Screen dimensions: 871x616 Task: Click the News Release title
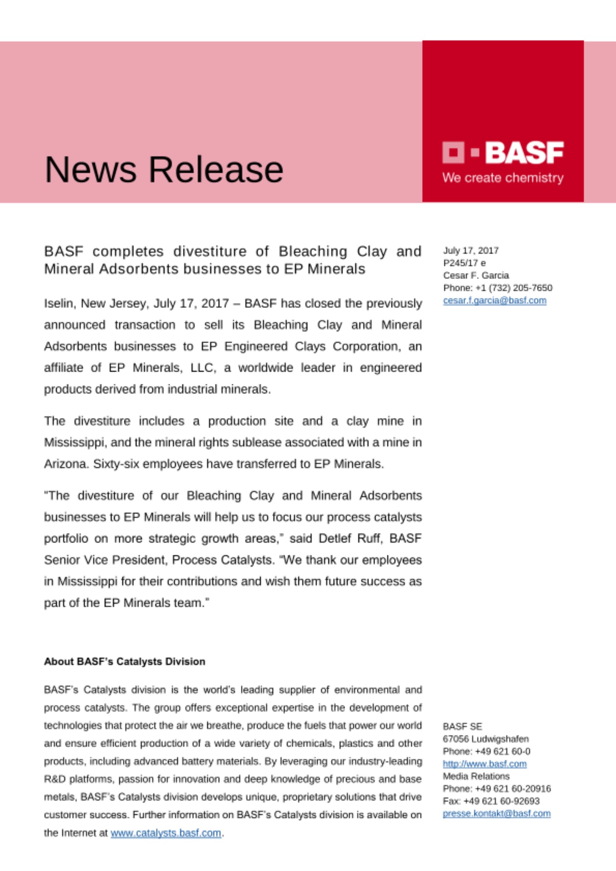(164, 169)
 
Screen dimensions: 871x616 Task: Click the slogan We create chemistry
(503, 178)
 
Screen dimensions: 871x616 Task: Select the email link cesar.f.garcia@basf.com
(494, 300)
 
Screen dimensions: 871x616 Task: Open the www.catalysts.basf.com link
(166, 833)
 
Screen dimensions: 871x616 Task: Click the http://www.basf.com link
(484, 764)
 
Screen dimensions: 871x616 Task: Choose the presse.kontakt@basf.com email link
(497, 814)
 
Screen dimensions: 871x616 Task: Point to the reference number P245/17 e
(464, 263)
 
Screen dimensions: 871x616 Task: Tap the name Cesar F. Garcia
(476, 275)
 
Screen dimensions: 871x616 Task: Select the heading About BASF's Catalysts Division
(125, 662)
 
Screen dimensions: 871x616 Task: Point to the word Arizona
(65, 464)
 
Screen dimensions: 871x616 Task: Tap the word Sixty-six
(116, 464)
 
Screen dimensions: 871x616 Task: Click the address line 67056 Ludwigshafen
(486, 739)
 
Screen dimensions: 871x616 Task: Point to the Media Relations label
(476, 776)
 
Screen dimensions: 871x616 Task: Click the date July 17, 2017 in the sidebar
(471, 250)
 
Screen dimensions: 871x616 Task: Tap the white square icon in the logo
(453, 152)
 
